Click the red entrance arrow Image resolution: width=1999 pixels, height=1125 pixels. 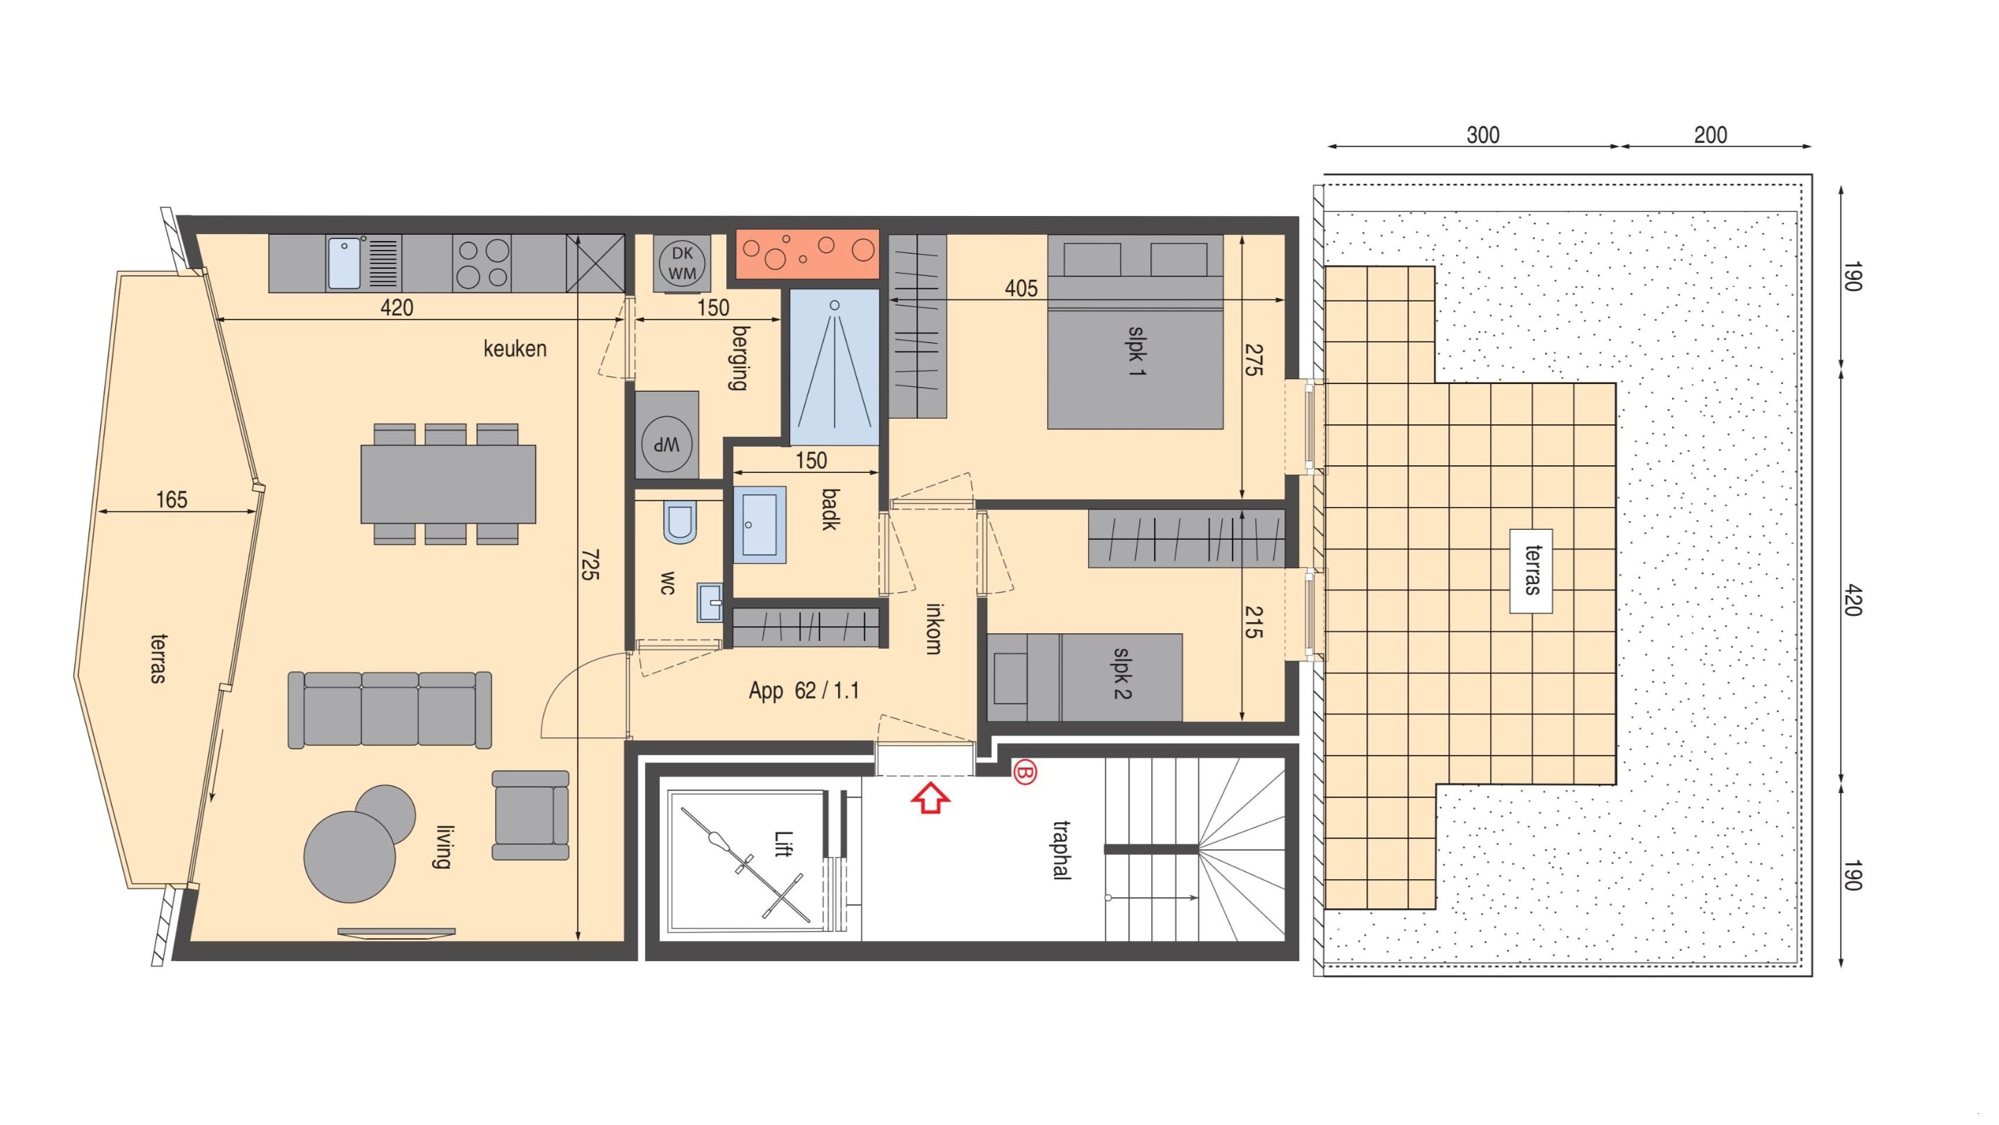coord(930,798)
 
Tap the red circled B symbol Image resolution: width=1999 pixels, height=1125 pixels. coord(1024,773)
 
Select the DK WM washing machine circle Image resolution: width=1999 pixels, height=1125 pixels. coord(682,263)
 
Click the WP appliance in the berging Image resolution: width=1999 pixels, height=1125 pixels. coord(667,444)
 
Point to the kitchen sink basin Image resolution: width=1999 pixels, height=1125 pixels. coord(344,264)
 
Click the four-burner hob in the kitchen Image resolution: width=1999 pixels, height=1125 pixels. coord(482,264)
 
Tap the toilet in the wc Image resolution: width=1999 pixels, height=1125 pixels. coord(680,522)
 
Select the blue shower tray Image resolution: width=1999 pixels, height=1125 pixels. coord(834,367)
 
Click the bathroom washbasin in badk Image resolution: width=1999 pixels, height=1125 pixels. coord(759,524)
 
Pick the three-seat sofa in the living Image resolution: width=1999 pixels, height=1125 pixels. coord(390,710)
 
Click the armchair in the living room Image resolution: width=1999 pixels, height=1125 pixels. coord(530,815)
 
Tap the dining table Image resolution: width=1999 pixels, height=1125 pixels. coord(449,483)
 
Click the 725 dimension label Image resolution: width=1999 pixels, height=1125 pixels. coord(589,564)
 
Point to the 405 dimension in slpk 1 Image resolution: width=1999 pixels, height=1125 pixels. coord(1021,289)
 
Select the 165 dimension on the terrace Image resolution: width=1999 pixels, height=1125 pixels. coord(172,500)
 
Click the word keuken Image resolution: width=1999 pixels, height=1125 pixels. coord(515,349)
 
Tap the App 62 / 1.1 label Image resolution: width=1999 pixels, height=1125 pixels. coord(804,690)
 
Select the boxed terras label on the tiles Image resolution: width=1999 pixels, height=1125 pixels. coord(1531,571)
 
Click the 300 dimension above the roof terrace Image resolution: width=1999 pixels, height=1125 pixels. coord(1483,135)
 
